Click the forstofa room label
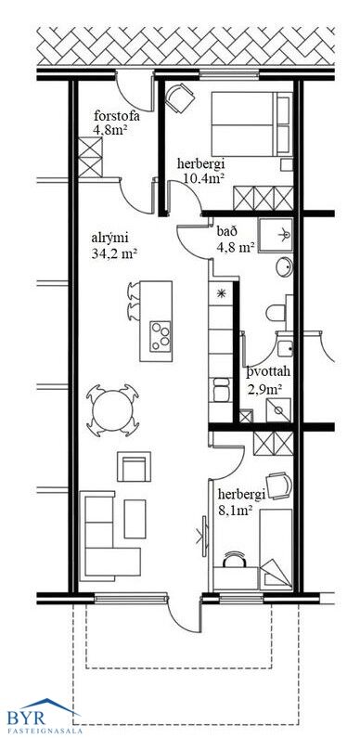click(117, 116)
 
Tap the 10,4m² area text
click(202, 178)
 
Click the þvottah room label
click(269, 372)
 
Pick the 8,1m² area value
click(234, 509)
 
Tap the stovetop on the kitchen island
click(160, 336)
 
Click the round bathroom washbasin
click(284, 267)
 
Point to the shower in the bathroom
click(276, 234)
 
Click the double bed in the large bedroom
click(251, 124)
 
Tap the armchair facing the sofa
click(135, 466)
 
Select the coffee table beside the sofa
click(135, 519)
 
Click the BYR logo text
click(26, 718)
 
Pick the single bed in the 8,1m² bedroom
click(276, 550)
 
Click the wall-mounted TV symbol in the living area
click(204, 537)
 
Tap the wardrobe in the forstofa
click(90, 157)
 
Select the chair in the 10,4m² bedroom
click(180, 97)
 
